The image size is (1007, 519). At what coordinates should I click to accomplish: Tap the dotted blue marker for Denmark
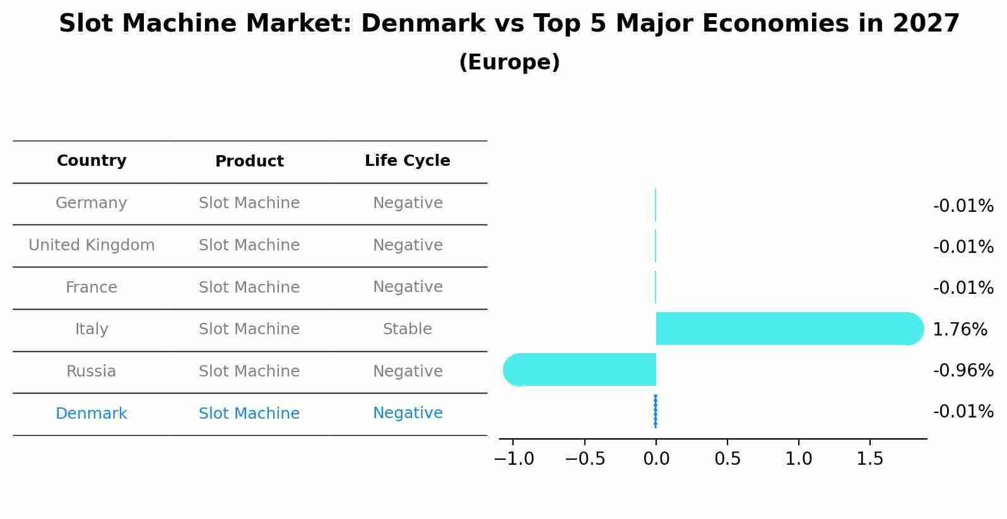656,411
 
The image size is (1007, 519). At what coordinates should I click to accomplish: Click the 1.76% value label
960,329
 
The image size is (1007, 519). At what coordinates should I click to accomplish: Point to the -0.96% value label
963,370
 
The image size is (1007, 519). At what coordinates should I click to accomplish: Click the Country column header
91,161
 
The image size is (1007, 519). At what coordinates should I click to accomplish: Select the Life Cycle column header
407,161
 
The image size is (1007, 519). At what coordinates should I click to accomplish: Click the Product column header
249,161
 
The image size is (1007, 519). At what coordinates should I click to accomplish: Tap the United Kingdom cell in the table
91,245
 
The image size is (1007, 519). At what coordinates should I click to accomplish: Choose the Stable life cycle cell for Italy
407,329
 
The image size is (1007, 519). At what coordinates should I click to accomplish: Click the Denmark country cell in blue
91,414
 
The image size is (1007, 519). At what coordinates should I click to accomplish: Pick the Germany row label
91,203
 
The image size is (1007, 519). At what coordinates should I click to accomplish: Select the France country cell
91,288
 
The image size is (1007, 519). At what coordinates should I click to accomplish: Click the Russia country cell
91,371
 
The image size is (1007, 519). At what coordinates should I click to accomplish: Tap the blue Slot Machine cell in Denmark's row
249,414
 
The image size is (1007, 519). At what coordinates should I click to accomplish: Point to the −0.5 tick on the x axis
585,458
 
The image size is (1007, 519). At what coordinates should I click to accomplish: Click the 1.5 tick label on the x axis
870,458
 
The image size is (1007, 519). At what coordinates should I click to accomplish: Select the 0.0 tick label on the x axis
656,458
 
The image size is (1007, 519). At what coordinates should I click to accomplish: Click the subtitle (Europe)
509,62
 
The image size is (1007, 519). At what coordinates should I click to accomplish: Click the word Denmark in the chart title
423,24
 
